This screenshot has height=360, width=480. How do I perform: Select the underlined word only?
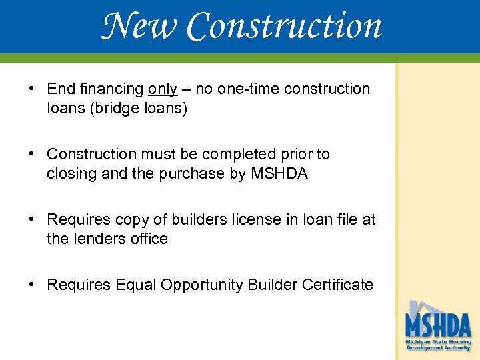click(x=163, y=89)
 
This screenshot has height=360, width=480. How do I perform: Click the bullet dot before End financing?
click(x=31, y=89)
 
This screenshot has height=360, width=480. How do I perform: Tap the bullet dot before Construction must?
click(x=31, y=154)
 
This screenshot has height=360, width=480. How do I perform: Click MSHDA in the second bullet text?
click(x=279, y=174)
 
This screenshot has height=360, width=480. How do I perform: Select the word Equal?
click(x=135, y=285)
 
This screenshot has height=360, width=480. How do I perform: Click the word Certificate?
click(x=337, y=285)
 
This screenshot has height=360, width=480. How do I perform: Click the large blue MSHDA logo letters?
click(x=438, y=325)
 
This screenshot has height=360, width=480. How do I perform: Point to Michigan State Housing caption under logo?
click(x=438, y=341)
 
